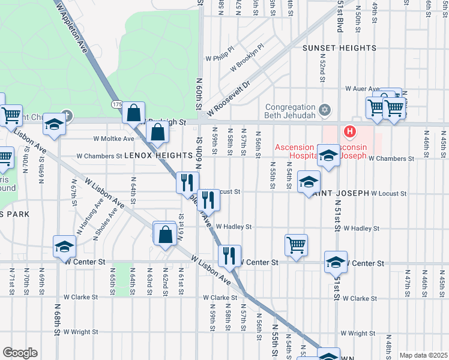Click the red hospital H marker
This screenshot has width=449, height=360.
click(349, 131)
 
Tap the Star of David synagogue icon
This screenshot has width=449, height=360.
click(325, 110)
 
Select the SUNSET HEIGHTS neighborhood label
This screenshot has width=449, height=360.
click(339, 47)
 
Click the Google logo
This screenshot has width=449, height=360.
click(20, 353)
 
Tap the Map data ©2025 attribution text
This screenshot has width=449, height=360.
click(423, 355)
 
